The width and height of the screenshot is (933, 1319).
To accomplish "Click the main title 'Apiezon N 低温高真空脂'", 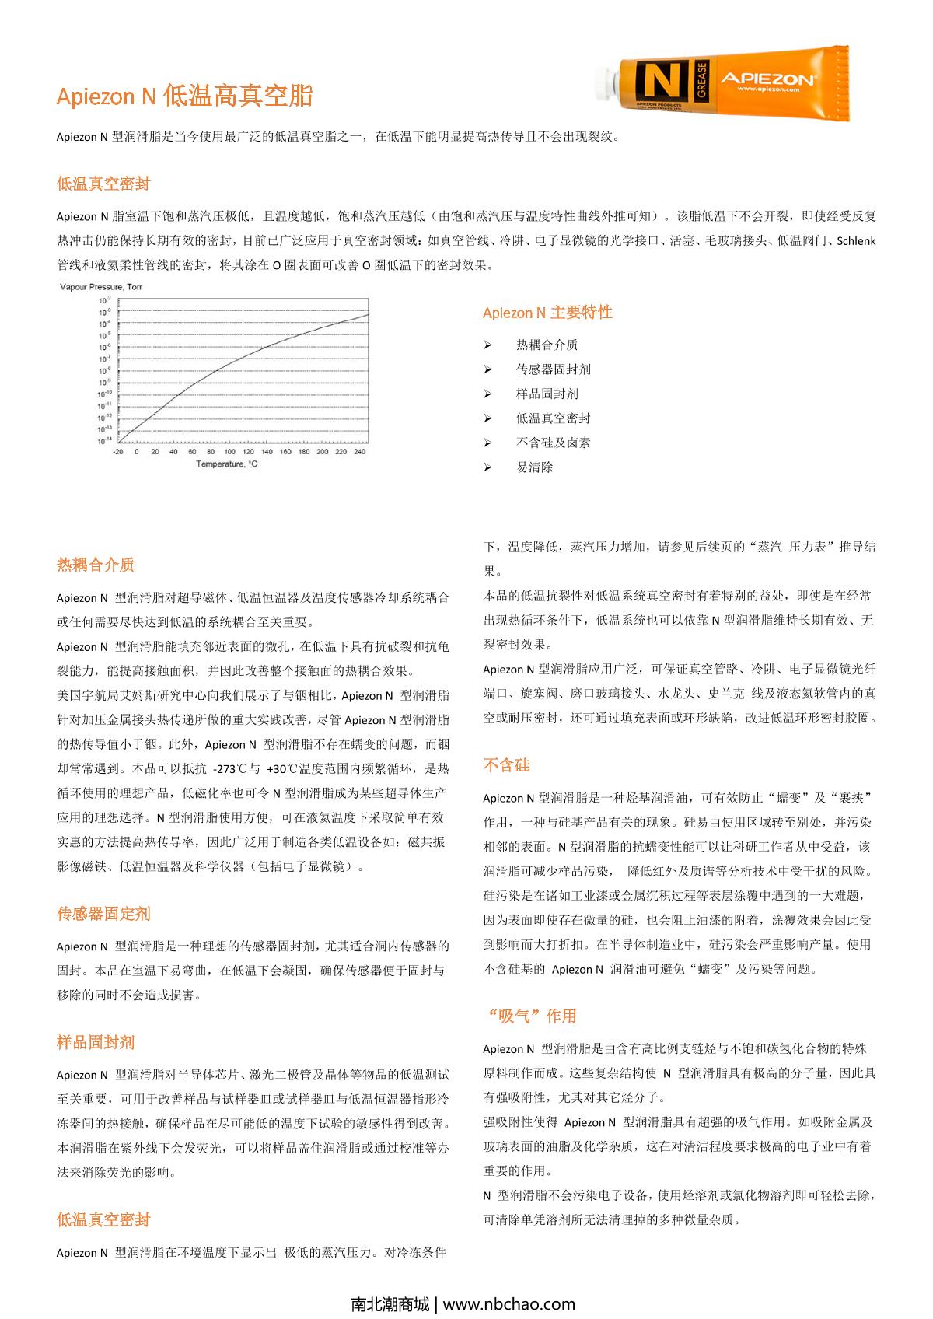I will pos(185,96).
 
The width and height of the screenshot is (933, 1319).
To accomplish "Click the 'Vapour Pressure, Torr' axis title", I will pos(101,287).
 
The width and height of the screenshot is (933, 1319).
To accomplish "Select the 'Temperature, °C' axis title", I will pos(226,464).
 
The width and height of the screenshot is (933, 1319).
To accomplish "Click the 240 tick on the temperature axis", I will pos(359,452).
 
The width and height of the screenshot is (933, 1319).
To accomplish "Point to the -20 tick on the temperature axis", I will pos(117,452).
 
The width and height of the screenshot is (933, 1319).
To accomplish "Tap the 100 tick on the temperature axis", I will pos(229,452).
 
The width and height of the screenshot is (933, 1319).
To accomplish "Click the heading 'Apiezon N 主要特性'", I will pos(547,313).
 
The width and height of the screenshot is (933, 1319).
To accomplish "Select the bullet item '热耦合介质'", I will pos(547,345).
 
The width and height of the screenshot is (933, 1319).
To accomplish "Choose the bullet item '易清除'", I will pos(534,467).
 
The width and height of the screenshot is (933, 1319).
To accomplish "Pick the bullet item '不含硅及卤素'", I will pos(553,443).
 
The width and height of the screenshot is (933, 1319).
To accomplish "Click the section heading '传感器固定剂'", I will pos(103,914).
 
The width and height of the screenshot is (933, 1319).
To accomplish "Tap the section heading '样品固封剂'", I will pos(96,1042).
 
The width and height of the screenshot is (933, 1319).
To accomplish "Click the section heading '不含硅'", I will pos(506,765).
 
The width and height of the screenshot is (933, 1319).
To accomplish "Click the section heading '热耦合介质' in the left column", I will pos(96,565).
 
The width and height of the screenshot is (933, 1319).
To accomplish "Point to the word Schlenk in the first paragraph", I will pos(856,240).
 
